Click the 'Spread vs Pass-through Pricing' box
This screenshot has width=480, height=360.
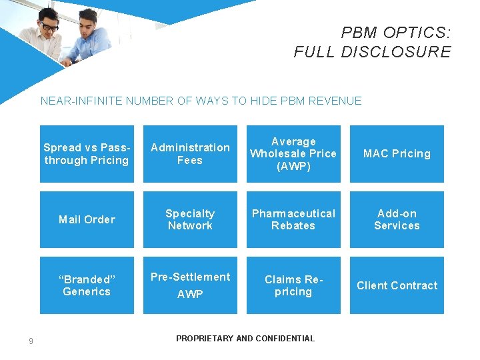coord(87,154)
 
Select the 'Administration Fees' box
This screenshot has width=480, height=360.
coord(190,154)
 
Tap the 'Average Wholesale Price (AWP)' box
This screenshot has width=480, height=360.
coord(293,154)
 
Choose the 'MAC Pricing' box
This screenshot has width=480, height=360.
coord(397,154)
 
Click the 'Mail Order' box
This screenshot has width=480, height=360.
coord(87,219)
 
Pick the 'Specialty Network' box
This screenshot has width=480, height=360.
coord(190,219)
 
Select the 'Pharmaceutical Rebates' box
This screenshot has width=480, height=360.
coord(293,219)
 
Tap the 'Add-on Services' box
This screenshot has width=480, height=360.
coord(397,219)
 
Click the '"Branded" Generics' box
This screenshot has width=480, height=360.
coord(87,285)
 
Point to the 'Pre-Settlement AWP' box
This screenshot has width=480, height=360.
coord(190,285)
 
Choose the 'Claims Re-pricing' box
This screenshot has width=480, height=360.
coord(293,285)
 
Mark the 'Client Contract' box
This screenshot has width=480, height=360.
coord(397,285)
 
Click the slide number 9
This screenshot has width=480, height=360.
coord(31,342)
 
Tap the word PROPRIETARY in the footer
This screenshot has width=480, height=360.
coord(205,339)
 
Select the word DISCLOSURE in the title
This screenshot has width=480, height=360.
coord(396,52)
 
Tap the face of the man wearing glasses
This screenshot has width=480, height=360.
coord(48,27)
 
